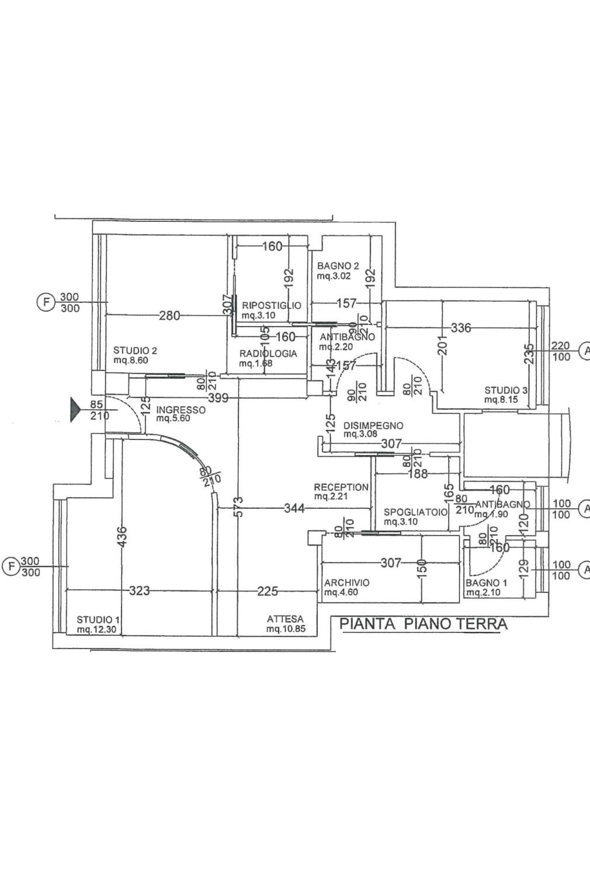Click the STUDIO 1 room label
pos(99,619)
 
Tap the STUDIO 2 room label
pos(135,351)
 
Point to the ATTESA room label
pos(285,619)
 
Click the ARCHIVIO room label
pos(347,582)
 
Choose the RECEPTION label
pos(341,487)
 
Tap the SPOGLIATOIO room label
pos(415,512)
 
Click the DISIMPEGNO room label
pos(373,425)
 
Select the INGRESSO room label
pos(181,410)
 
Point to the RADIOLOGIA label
pos(268,354)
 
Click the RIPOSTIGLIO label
pos(272,305)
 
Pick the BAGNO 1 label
pos(486,583)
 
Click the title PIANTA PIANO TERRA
pos(424,624)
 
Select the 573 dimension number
pos(238,507)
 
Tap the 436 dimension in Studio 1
pos(122,537)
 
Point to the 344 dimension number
pos(294,508)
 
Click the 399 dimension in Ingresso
pos(217,399)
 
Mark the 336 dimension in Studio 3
pos(461,328)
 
